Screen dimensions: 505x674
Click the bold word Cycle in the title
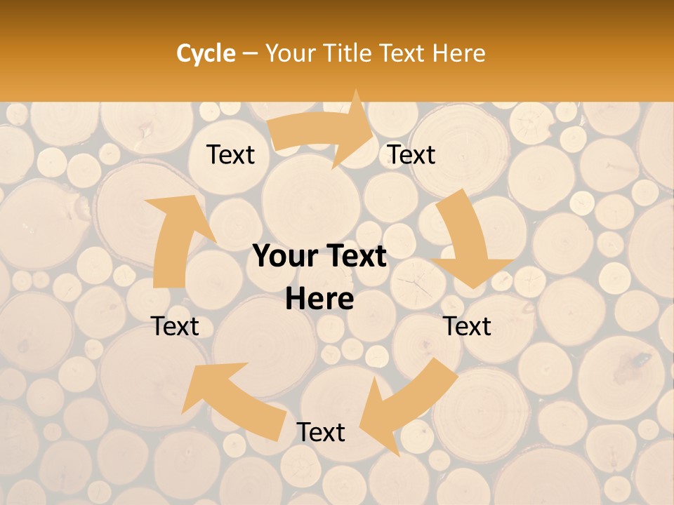(x=206, y=53)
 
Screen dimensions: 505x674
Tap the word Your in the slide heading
(x=290, y=53)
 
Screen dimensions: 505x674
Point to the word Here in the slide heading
(x=458, y=53)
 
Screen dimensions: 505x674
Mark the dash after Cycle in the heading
(x=249, y=54)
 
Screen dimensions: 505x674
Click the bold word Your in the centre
(x=282, y=257)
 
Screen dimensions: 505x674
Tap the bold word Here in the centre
(x=319, y=299)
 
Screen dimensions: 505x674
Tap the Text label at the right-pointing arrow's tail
(x=230, y=154)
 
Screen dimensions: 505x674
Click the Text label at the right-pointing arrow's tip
(x=411, y=154)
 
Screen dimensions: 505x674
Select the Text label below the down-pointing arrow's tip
(x=468, y=326)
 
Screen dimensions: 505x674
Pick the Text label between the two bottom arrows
(x=321, y=432)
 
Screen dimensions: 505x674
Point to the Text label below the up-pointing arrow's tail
(x=176, y=326)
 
